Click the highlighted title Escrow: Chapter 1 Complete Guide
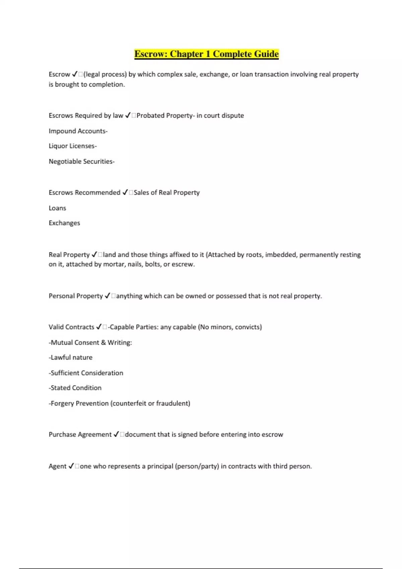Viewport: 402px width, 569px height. coord(206,54)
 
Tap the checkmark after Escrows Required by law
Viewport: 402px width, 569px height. coord(128,115)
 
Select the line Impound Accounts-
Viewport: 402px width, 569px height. coord(78,131)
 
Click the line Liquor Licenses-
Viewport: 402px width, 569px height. coord(73,146)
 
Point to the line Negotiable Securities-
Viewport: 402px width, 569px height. coord(82,161)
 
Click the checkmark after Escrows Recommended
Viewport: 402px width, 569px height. coord(125,192)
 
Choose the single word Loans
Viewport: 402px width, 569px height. coord(57,208)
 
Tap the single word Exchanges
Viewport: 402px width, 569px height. coord(64,223)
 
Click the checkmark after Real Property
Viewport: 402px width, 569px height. coord(94,255)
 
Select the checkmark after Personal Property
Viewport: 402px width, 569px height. coord(107,296)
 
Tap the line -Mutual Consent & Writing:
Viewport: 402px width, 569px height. coord(90,342)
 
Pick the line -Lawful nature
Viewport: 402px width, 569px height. coord(71,357)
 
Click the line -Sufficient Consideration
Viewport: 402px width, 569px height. coord(86,373)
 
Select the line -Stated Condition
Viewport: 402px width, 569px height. coord(75,388)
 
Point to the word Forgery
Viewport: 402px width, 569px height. coord(62,403)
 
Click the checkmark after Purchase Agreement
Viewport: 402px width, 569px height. coord(116,434)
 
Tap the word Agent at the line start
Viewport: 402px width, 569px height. coord(57,466)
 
